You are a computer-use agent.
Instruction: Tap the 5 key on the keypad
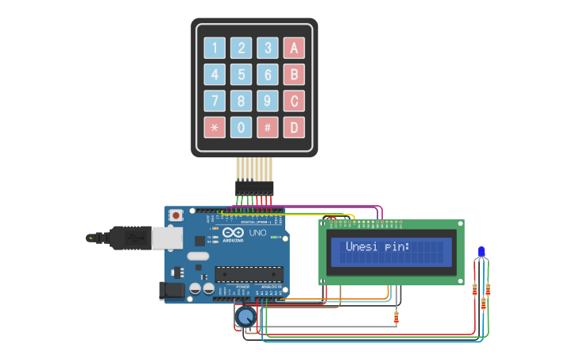click(242, 75)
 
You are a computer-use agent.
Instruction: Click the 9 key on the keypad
click(268, 101)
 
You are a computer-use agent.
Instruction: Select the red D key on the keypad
click(294, 127)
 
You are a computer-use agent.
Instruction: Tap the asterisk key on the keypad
click(215, 127)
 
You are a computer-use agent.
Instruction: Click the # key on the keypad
click(268, 127)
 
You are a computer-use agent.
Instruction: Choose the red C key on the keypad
click(294, 101)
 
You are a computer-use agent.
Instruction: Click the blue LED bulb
click(481, 253)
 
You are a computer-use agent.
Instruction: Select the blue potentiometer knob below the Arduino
click(245, 318)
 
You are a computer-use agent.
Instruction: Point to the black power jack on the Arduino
click(172, 291)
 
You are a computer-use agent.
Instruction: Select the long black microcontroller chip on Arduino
click(249, 274)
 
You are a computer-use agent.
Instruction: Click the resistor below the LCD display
click(396, 318)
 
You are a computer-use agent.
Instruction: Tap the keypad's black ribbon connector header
click(254, 188)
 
